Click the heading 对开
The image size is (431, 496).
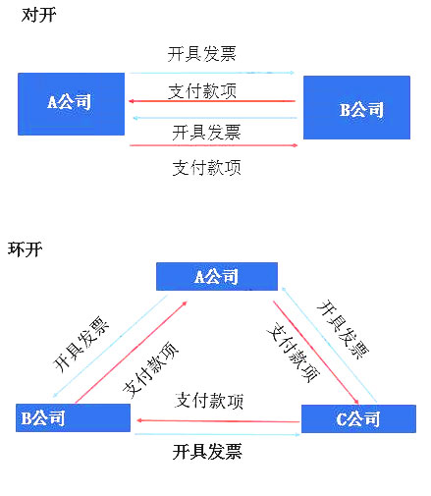38,15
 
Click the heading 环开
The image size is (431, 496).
25,249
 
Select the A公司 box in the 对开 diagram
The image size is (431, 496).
71,104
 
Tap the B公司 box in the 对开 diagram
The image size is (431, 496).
356,108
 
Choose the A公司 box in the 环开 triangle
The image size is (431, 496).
217,276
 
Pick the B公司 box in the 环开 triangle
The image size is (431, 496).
73,417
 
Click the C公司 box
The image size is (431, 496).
358,418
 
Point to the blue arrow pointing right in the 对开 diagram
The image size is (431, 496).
212,73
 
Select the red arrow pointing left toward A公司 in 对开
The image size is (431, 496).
212,101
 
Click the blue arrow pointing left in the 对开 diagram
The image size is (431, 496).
215,118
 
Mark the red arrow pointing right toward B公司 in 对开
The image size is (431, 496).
214,145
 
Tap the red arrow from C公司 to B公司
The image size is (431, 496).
218,420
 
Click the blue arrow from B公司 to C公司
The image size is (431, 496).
217,434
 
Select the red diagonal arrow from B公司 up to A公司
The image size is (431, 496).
132,352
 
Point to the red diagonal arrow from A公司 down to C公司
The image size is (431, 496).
316,353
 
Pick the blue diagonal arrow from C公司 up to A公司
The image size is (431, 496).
329,345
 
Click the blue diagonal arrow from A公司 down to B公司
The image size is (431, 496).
110,347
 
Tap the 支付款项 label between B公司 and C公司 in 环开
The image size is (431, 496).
209,401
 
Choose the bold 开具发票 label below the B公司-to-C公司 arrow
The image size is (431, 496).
207,452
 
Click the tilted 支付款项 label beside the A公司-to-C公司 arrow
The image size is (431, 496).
293,353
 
